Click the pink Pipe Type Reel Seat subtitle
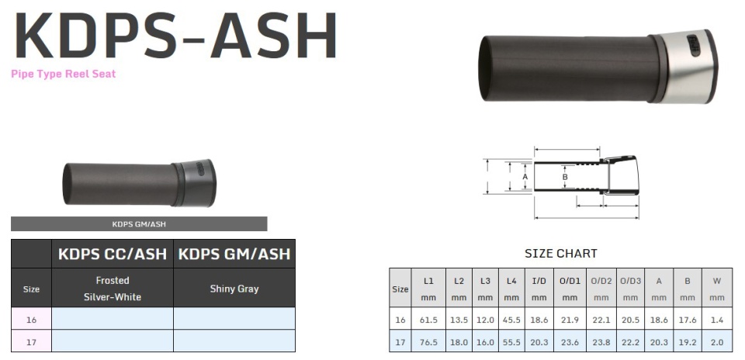64,74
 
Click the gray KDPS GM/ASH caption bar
139,223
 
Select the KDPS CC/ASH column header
113,254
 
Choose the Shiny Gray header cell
234,289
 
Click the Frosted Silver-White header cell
113,289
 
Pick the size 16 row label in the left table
31,319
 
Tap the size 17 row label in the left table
31,341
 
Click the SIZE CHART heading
560,253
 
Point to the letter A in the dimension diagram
525,176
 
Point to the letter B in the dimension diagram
565,177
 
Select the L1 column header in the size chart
428,288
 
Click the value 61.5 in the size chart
428,320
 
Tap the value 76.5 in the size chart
428,341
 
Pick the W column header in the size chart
717,288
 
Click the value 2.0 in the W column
717,341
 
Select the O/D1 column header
570,288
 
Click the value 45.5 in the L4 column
511,320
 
